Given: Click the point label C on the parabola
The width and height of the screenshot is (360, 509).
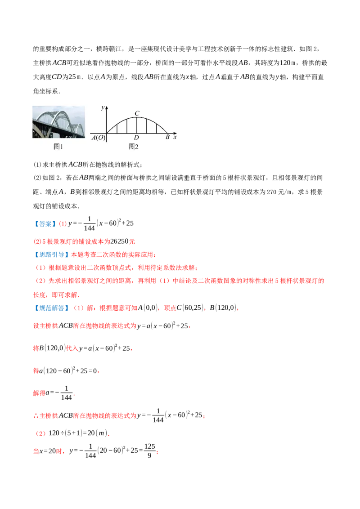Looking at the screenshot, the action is tap(137, 113).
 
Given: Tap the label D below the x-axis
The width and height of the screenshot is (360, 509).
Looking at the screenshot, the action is tap(136, 138).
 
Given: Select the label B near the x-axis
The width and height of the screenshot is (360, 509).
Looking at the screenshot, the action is tap(168, 137).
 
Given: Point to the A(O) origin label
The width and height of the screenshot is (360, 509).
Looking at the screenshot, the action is tap(99, 138).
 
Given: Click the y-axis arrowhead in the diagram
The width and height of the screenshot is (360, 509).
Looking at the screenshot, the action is tap(107, 108).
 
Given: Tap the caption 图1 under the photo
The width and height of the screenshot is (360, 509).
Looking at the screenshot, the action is tap(58, 147).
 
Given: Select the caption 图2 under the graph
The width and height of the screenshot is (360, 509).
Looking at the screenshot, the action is tap(134, 147).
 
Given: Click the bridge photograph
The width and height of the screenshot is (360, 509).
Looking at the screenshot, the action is tap(59, 122).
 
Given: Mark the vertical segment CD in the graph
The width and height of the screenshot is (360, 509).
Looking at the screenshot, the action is tap(137, 125).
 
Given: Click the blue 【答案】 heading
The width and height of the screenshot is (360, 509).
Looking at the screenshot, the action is tap(45, 223).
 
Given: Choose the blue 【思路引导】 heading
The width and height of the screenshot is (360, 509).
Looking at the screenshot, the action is tap(51, 254).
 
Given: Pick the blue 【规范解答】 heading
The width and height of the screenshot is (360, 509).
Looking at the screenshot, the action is tap(51, 308).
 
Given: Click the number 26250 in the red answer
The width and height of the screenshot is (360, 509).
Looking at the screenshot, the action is tap(120, 241).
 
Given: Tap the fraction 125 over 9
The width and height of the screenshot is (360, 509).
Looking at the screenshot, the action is tap(149, 451).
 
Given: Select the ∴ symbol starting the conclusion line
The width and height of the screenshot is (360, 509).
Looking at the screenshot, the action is tap(36, 416).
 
